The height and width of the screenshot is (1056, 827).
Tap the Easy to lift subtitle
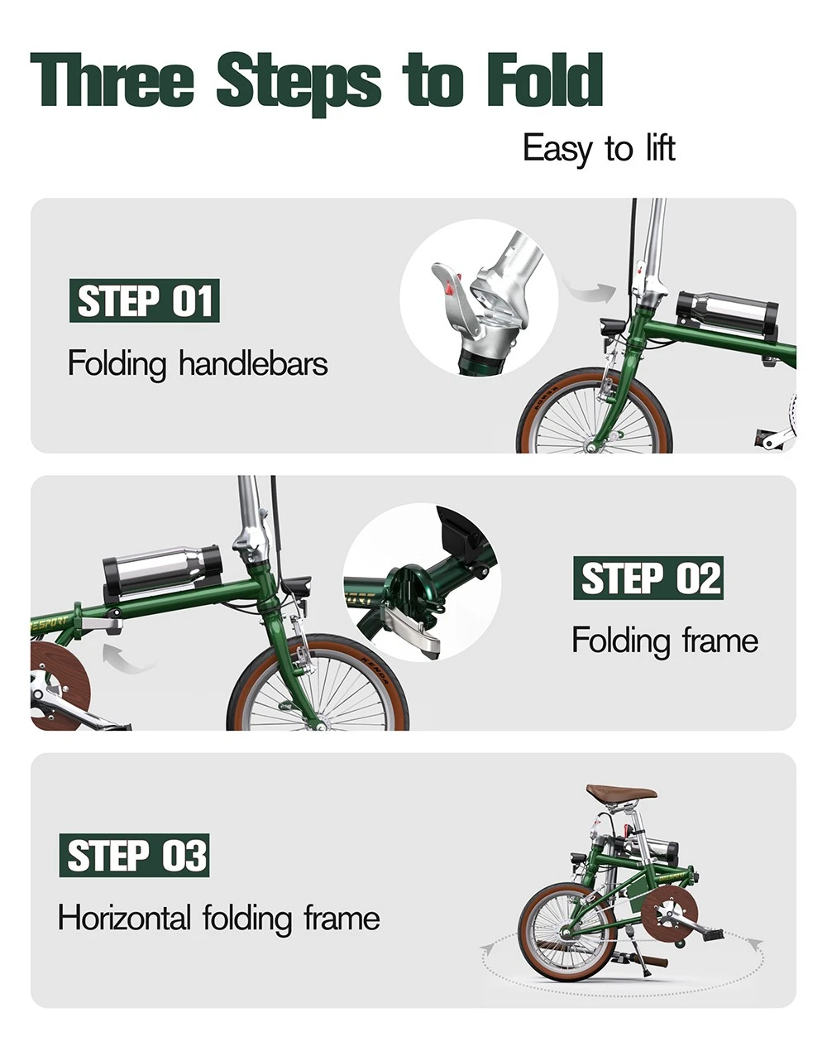pos(599,149)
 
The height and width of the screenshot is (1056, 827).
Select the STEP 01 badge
pos(144,300)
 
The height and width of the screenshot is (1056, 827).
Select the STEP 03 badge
pos(134,855)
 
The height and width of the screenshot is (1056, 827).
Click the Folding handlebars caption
pos(198,363)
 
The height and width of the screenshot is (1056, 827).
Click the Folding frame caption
pos(664,640)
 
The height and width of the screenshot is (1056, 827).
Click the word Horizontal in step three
pos(124,918)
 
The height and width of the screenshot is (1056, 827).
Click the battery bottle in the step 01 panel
pos(727,314)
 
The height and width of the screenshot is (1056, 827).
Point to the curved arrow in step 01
pos(589,290)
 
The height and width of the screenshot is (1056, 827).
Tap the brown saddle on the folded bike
pos(621,793)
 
